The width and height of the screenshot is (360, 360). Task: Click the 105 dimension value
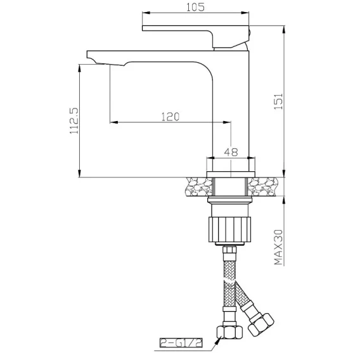coord(195,7)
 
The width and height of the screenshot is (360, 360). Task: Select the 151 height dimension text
coord(280,101)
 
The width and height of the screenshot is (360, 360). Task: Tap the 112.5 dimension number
coord(74,121)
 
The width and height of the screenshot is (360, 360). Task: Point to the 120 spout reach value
coord(170,117)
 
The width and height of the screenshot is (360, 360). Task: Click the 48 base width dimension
coord(231,152)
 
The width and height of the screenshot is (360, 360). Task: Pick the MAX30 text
coord(279,247)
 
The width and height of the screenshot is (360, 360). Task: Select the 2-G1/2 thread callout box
coord(181,342)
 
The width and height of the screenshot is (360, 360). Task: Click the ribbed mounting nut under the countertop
coord(230,229)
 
